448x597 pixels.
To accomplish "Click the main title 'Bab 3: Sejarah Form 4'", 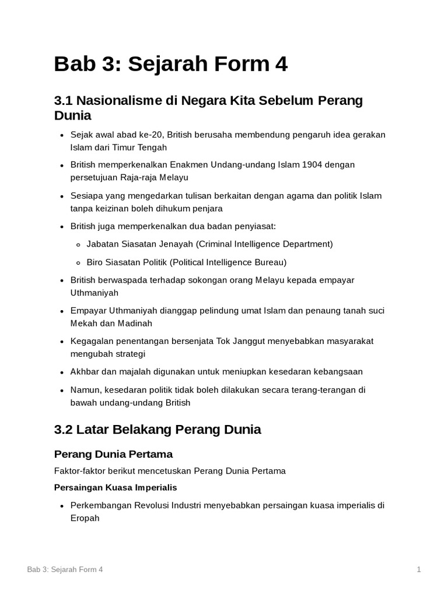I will pos(170,64).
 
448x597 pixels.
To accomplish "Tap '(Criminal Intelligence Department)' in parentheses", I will pos(264,244).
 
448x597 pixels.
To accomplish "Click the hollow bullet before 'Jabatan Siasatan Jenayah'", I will pos(78,244).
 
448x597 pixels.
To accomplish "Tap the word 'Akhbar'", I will pos(83,371).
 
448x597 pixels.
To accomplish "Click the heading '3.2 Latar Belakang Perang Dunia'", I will pos(157,430).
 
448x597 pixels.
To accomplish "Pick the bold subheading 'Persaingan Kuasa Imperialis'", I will pos(116,487).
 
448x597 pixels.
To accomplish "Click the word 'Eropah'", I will pos(85,518).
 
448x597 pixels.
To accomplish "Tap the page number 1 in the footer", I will pos(419,570).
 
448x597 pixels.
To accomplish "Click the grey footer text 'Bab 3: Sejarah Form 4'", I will pos(65,570).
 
